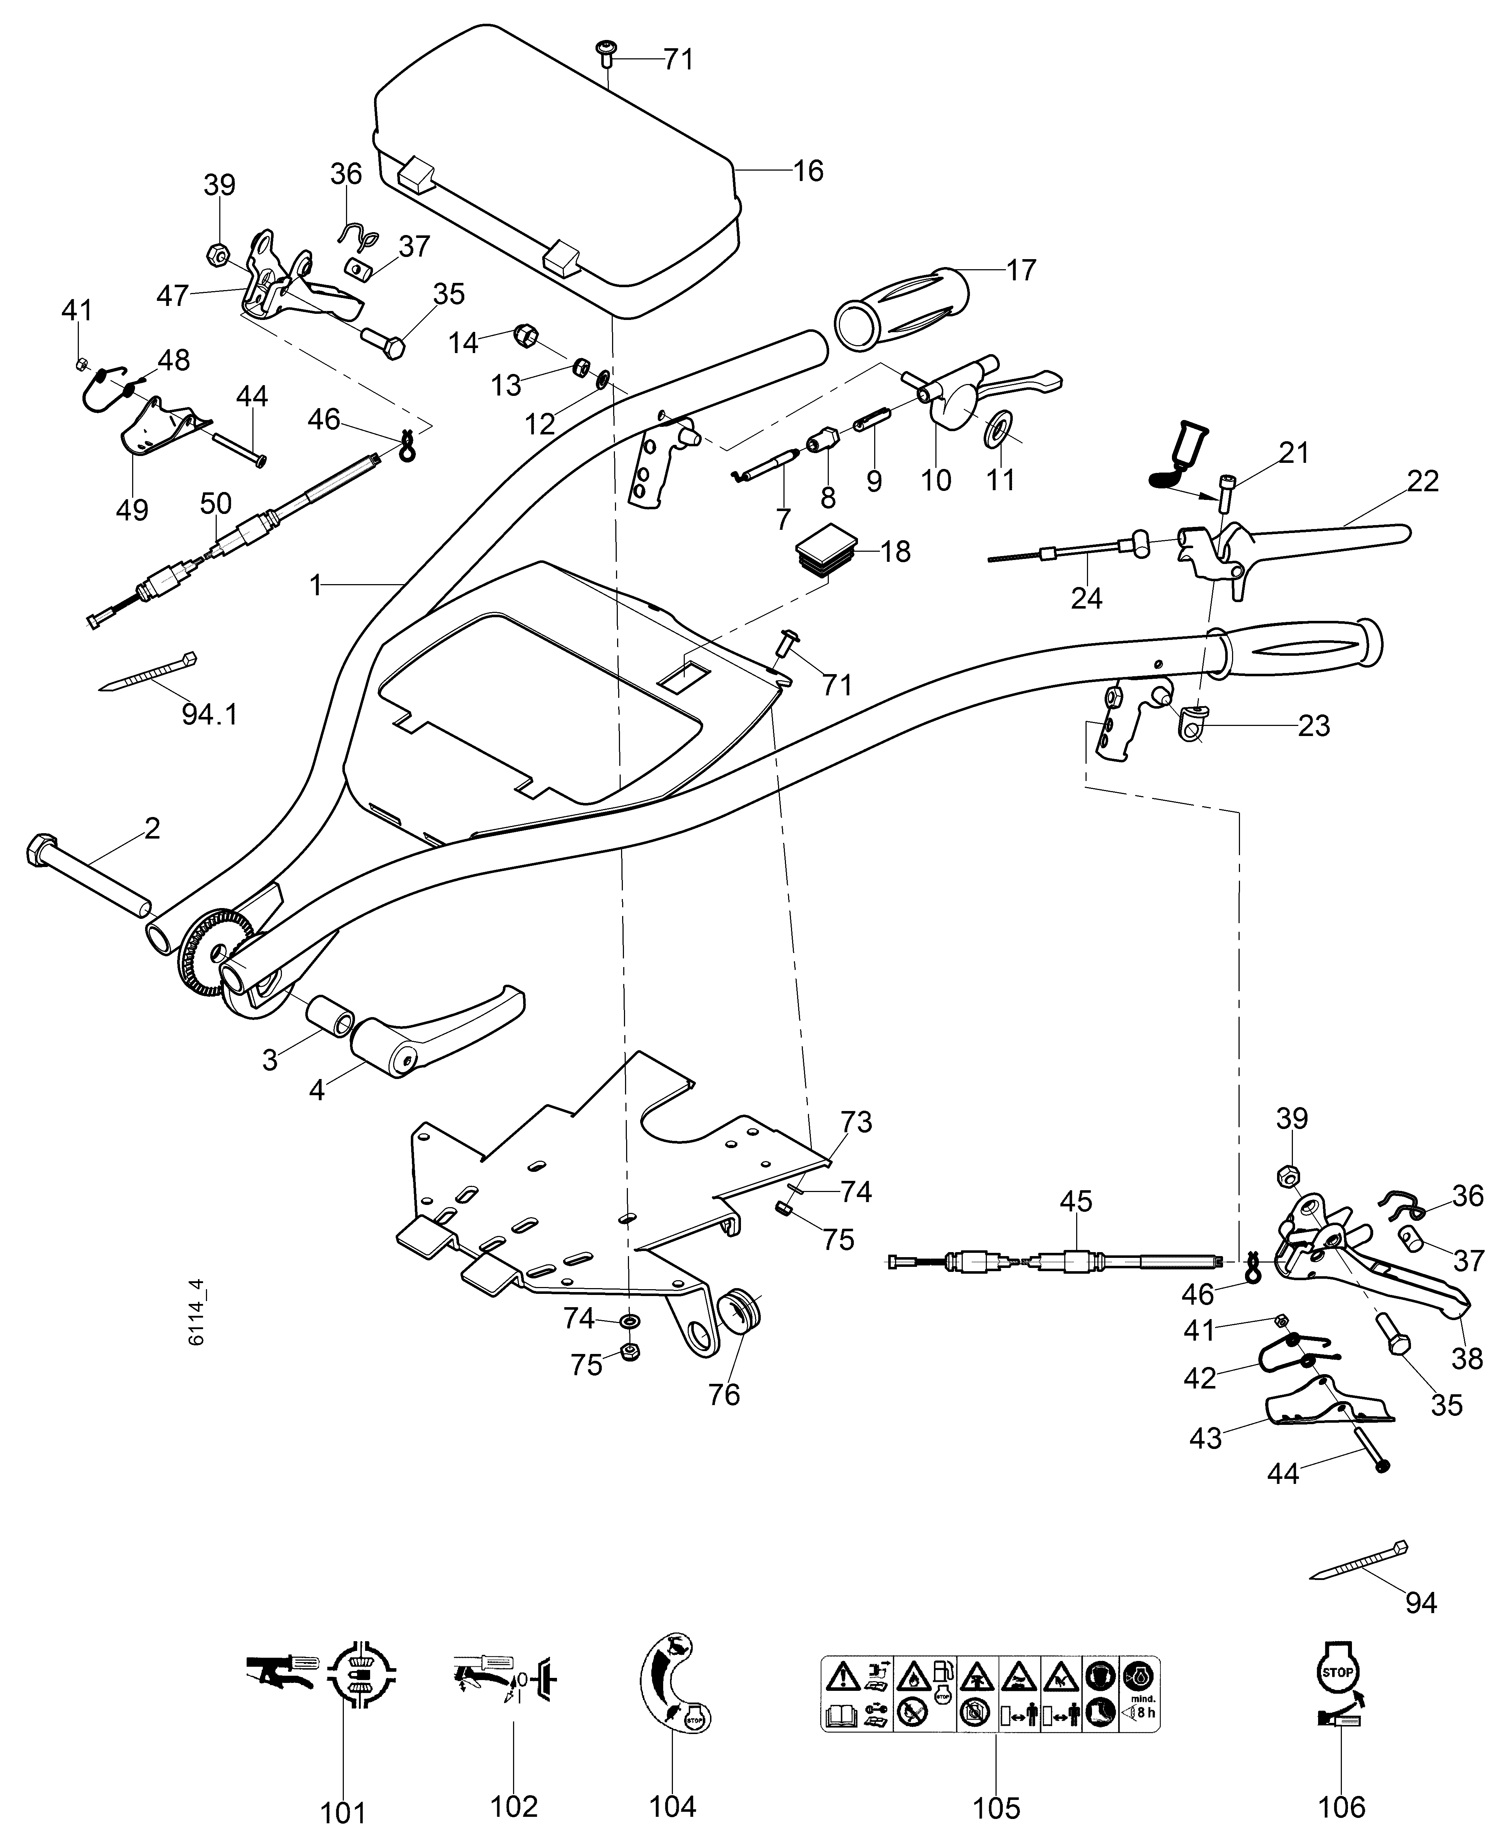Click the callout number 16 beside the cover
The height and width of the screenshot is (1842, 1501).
pyautogui.click(x=808, y=171)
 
